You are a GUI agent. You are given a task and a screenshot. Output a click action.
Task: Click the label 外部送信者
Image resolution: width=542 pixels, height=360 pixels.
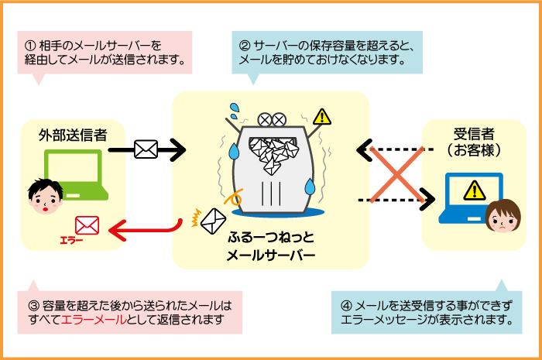coord(73,135)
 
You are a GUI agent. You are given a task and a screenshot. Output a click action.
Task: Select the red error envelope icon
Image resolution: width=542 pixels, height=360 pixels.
coord(87,225)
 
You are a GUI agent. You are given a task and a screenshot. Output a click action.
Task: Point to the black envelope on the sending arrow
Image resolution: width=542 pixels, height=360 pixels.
coord(146,149)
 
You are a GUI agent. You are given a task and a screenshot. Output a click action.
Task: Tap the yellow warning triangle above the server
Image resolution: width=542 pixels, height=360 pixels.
coord(321,117)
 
